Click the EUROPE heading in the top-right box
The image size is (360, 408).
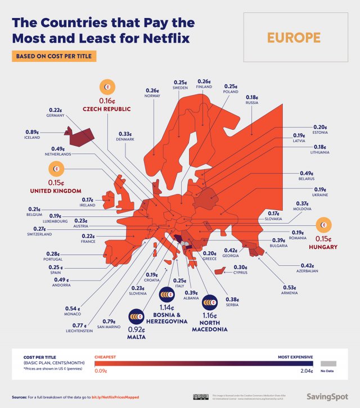point(294,38)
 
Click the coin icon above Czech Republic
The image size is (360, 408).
point(107,87)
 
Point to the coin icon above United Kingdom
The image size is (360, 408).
point(57,169)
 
